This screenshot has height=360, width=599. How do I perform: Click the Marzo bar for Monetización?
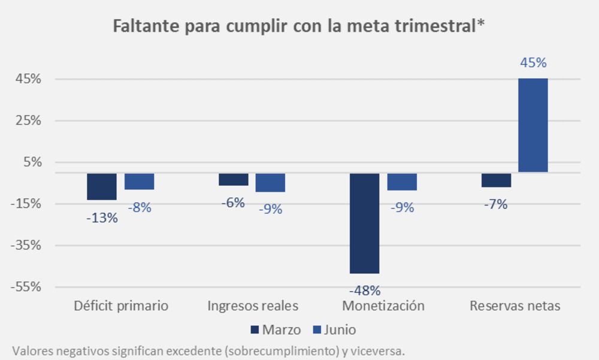pos(364,223)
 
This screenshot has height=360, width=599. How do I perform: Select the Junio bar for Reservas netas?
pos(533,125)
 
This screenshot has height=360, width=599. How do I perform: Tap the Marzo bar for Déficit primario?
pos(102,186)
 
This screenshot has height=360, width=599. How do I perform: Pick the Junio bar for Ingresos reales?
pos(270,183)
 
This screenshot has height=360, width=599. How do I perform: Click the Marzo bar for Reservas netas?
pos(496,180)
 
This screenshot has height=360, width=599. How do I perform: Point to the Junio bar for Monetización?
pos(402,181)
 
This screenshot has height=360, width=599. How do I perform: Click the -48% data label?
pos(365,291)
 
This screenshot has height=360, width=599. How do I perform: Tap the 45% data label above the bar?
pos(533,63)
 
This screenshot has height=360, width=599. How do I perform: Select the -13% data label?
pos(102,218)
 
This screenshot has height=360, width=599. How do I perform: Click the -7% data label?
pos(496,205)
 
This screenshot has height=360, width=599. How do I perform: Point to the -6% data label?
pos(233,203)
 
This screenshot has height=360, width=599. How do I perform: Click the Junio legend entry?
pos(335,329)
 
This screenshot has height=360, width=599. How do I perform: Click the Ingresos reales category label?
pos(253,305)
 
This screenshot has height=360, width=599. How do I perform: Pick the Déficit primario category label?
pos(121,305)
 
